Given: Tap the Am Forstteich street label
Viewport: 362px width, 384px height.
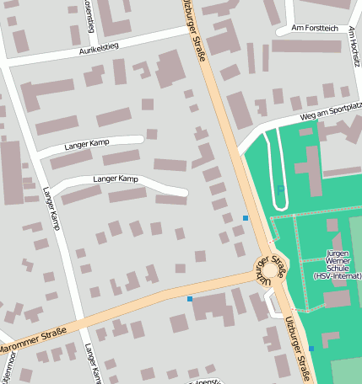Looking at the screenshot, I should click(x=312, y=28).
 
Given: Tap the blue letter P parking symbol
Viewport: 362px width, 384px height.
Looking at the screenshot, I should click(x=280, y=191).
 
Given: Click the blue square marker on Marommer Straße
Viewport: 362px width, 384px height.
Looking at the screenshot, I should click(x=190, y=298).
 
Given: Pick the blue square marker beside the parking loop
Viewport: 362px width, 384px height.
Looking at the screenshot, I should click(x=246, y=218).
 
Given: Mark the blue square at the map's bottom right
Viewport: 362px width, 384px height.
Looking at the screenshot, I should click(x=311, y=348).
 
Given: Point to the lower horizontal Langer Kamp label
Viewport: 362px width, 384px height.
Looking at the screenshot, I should click(x=116, y=179).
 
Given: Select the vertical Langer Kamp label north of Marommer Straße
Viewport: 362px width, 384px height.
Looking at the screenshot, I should click(x=52, y=207).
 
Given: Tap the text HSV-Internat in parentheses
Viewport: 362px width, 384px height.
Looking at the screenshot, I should click(x=338, y=275).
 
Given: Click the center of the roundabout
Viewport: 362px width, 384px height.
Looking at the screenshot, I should click(x=268, y=270).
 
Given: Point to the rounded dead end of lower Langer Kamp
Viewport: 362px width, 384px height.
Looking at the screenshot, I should click(x=182, y=191).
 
